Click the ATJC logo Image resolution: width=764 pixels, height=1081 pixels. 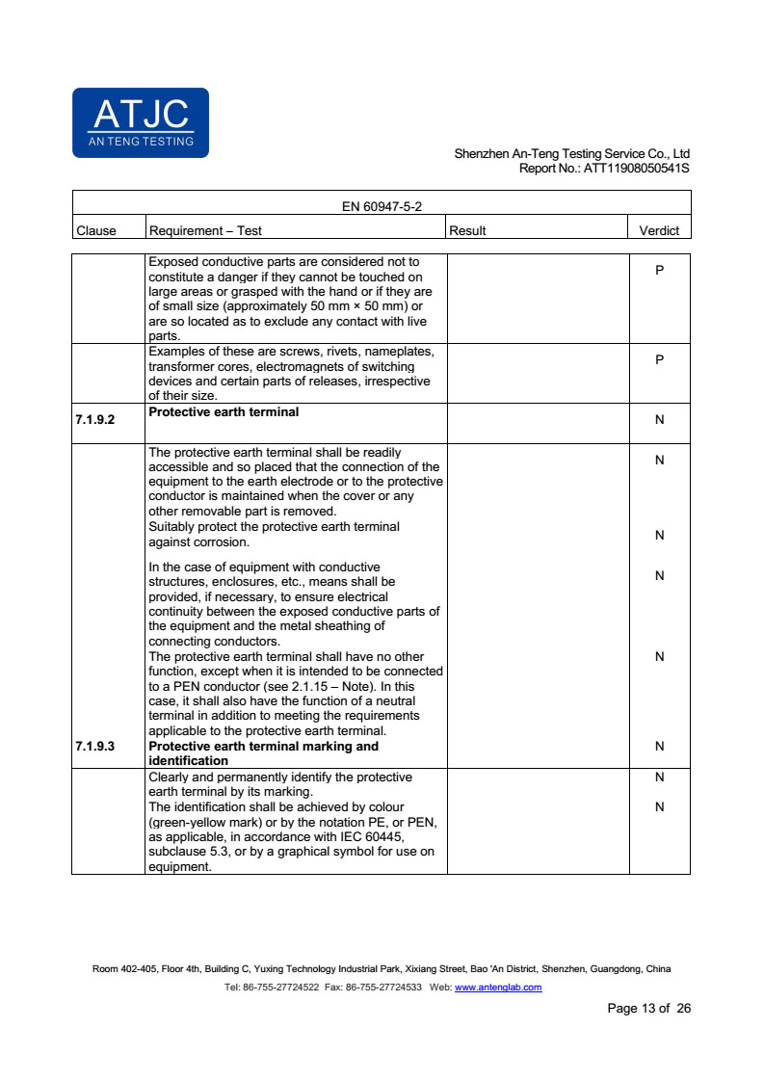pyautogui.click(x=141, y=122)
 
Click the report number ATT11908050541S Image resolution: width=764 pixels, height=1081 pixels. pyautogui.click(x=637, y=168)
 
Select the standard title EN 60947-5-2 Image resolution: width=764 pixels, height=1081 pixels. pyautogui.click(x=382, y=206)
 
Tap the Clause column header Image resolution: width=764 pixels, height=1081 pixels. pyautogui.click(x=95, y=230)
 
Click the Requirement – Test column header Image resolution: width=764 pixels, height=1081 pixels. pyautogui.click(x=205, y=230)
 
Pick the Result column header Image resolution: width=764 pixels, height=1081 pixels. pyautogui.click(x=467, y=230)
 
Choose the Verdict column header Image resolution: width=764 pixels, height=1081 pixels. pyautogui.click(x=659, y=230)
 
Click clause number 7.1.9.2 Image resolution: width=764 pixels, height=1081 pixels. pyautogui.click(x=94, y=420)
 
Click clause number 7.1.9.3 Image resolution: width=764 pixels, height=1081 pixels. pyautogui.click(x=94, y=746)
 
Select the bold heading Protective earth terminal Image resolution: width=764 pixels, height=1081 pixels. pyautogui.click(x=224, y=412)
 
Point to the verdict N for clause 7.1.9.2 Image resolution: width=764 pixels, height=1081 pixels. pyautogui.click(x=659, y=420)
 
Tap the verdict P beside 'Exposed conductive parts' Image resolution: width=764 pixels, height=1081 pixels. pyautogui.click(x=659, y=271)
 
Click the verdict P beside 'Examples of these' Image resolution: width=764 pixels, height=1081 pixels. pyautogui.click(x=659, y=359)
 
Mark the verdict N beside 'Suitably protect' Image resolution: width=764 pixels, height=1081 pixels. pyautogui.click(x=659, y=536)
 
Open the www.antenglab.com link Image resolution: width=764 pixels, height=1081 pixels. pyautogui.click(x=497, y=988)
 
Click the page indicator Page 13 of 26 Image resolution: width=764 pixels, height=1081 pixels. pyautogui.click(x=648, y=1009)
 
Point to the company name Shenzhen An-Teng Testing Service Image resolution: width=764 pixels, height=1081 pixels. pyautogui.click(x=571, y=153)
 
